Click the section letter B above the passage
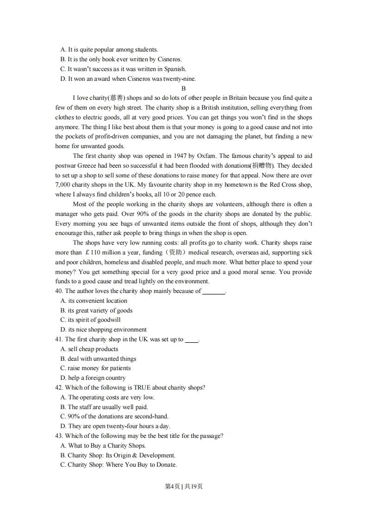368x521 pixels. pyautogui.click(x=184, y=88)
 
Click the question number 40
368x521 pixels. pyautogui.click(x=59, y=291)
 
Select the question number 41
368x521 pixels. pyautogui.click(x=59, y=339)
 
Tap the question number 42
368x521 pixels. pyautogui.click(x=59, y=388)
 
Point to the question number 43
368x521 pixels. pyautogui.click(x=59, y=436)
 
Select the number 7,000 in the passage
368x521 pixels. pyautogui.click(x=64, y=185)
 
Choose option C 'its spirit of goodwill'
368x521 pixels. pyautogui.click(x=90, y=320)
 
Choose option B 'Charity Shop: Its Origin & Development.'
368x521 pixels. pyautogui.click(x=118, y=456)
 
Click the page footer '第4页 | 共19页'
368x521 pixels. pyautogui.click(x=184, y=487)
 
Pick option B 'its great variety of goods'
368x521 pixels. pyautogui.click(x=96, y=311)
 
